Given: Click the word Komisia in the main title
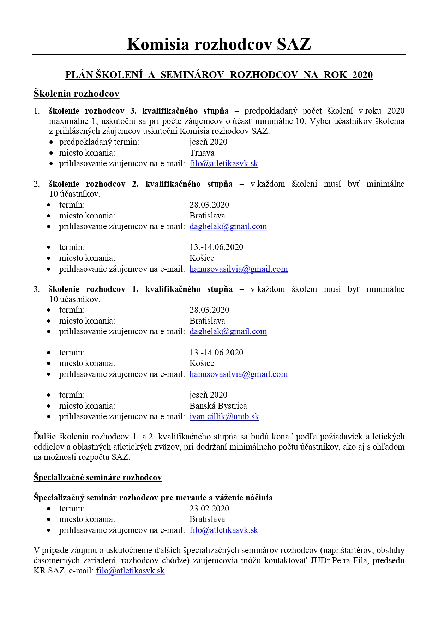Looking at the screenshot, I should point(157,44).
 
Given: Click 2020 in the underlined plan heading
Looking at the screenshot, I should point(362,75).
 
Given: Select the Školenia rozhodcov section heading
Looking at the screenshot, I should point(76,94).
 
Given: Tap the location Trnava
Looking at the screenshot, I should point(202,153).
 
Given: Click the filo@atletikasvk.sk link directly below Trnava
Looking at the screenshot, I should point(224,164).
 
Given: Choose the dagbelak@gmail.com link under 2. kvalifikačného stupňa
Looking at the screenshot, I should point(228,226).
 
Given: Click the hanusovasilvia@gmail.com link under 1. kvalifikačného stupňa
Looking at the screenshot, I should point(239,374).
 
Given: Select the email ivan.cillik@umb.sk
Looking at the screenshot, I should point(224,416).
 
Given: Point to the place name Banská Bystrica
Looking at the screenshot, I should point(218,406).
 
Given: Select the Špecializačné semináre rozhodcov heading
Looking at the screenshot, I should point(97,477).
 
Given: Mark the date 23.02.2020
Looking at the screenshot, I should point(209,509).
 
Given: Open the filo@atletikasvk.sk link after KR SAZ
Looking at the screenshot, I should point(131,571).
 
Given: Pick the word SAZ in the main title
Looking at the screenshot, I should point(294,44).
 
